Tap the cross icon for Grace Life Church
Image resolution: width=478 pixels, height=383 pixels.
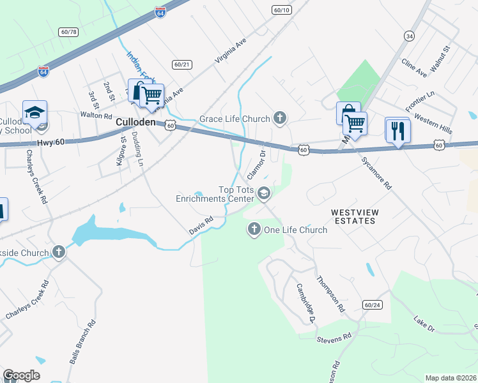pyautogui.click(x=279, y=117)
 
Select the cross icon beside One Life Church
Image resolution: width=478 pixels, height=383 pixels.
pyautogui.click(x=254, y=229)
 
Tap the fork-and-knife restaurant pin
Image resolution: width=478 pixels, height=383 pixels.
pyautogui.click(x=398, y=131)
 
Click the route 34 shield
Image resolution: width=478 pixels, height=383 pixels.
pyautogui.click(x=409, y=37)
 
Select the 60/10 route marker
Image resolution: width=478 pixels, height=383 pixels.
pyautogui.click(x=281, y=10)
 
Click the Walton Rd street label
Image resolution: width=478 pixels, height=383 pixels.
pyautogui.click(x=96, y=116)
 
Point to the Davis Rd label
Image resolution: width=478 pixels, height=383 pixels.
pyautogui.click(x=200, y=225)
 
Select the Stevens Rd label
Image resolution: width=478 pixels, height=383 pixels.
pyautogui.click(x=334, y=336)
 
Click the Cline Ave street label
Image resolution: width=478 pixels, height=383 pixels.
pyautogui.click(x=414, y=69)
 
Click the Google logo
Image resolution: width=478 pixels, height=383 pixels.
pyautogui.click(x=21, y=375)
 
